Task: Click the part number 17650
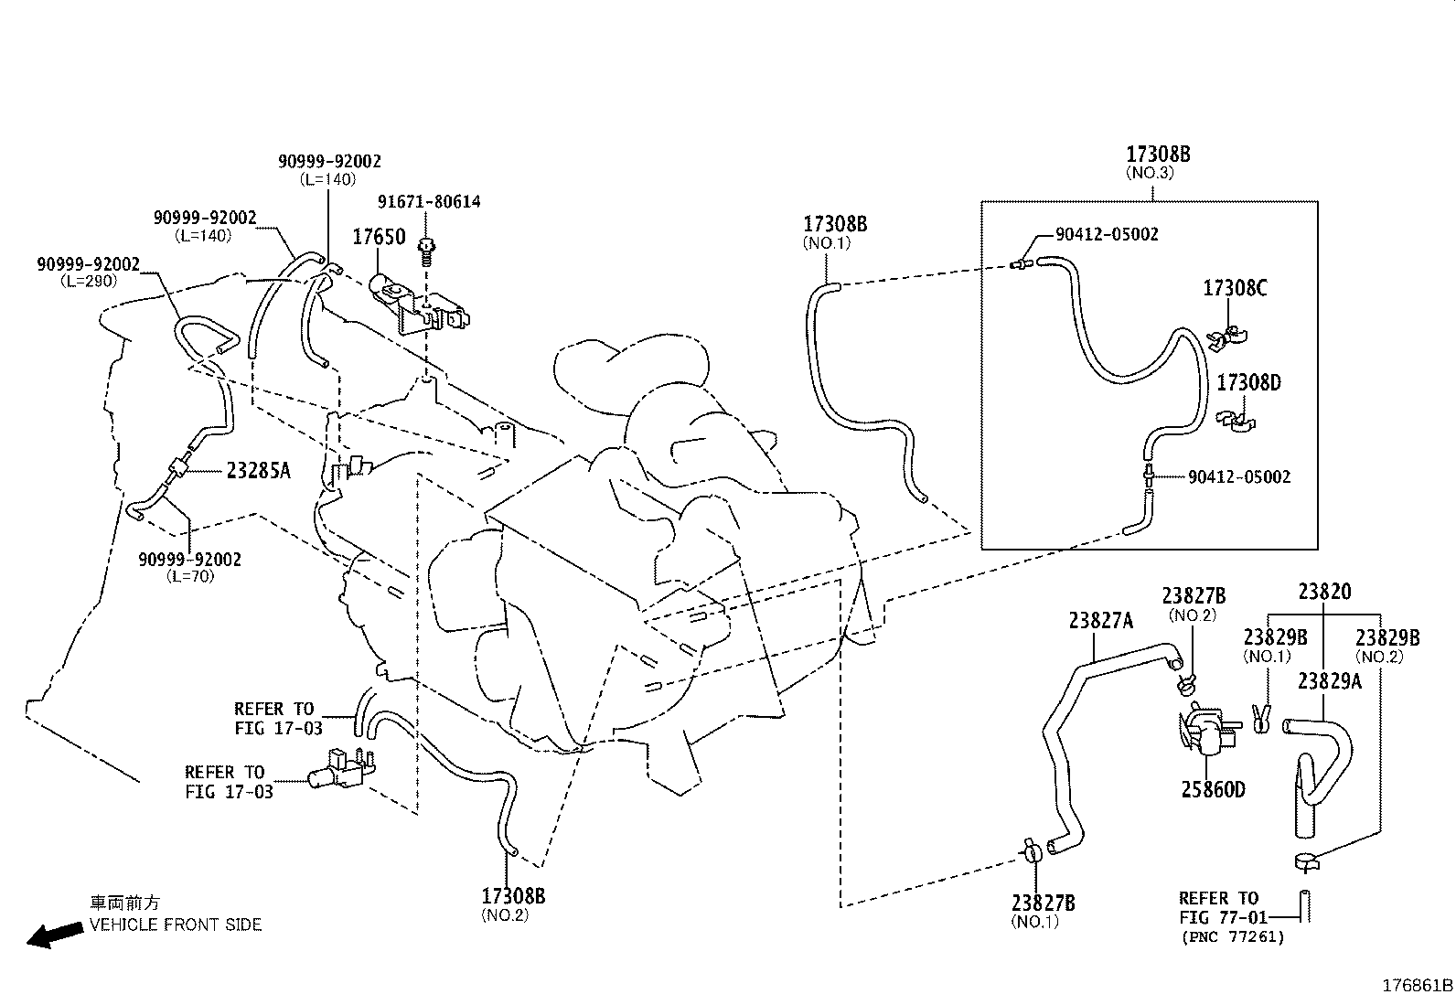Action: tap(379, 237)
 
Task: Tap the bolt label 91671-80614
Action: tap(429, 201)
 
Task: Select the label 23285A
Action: tap(258, 470)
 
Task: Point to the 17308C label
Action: tap(1235, 288)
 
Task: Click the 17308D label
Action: tap(1248, 383)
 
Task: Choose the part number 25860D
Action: tap(1213, 789)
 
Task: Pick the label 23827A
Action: tap(1100, 621)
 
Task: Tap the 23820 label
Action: tap(1324, 592)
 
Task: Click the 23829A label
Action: tap(1329, 680)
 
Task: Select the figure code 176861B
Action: tap(1417, 986)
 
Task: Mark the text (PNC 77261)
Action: tap(1233, 936)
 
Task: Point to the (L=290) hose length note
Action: tap(89, 281)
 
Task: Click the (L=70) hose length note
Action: tap(190, 576)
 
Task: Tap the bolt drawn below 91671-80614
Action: tap(426, 252)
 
